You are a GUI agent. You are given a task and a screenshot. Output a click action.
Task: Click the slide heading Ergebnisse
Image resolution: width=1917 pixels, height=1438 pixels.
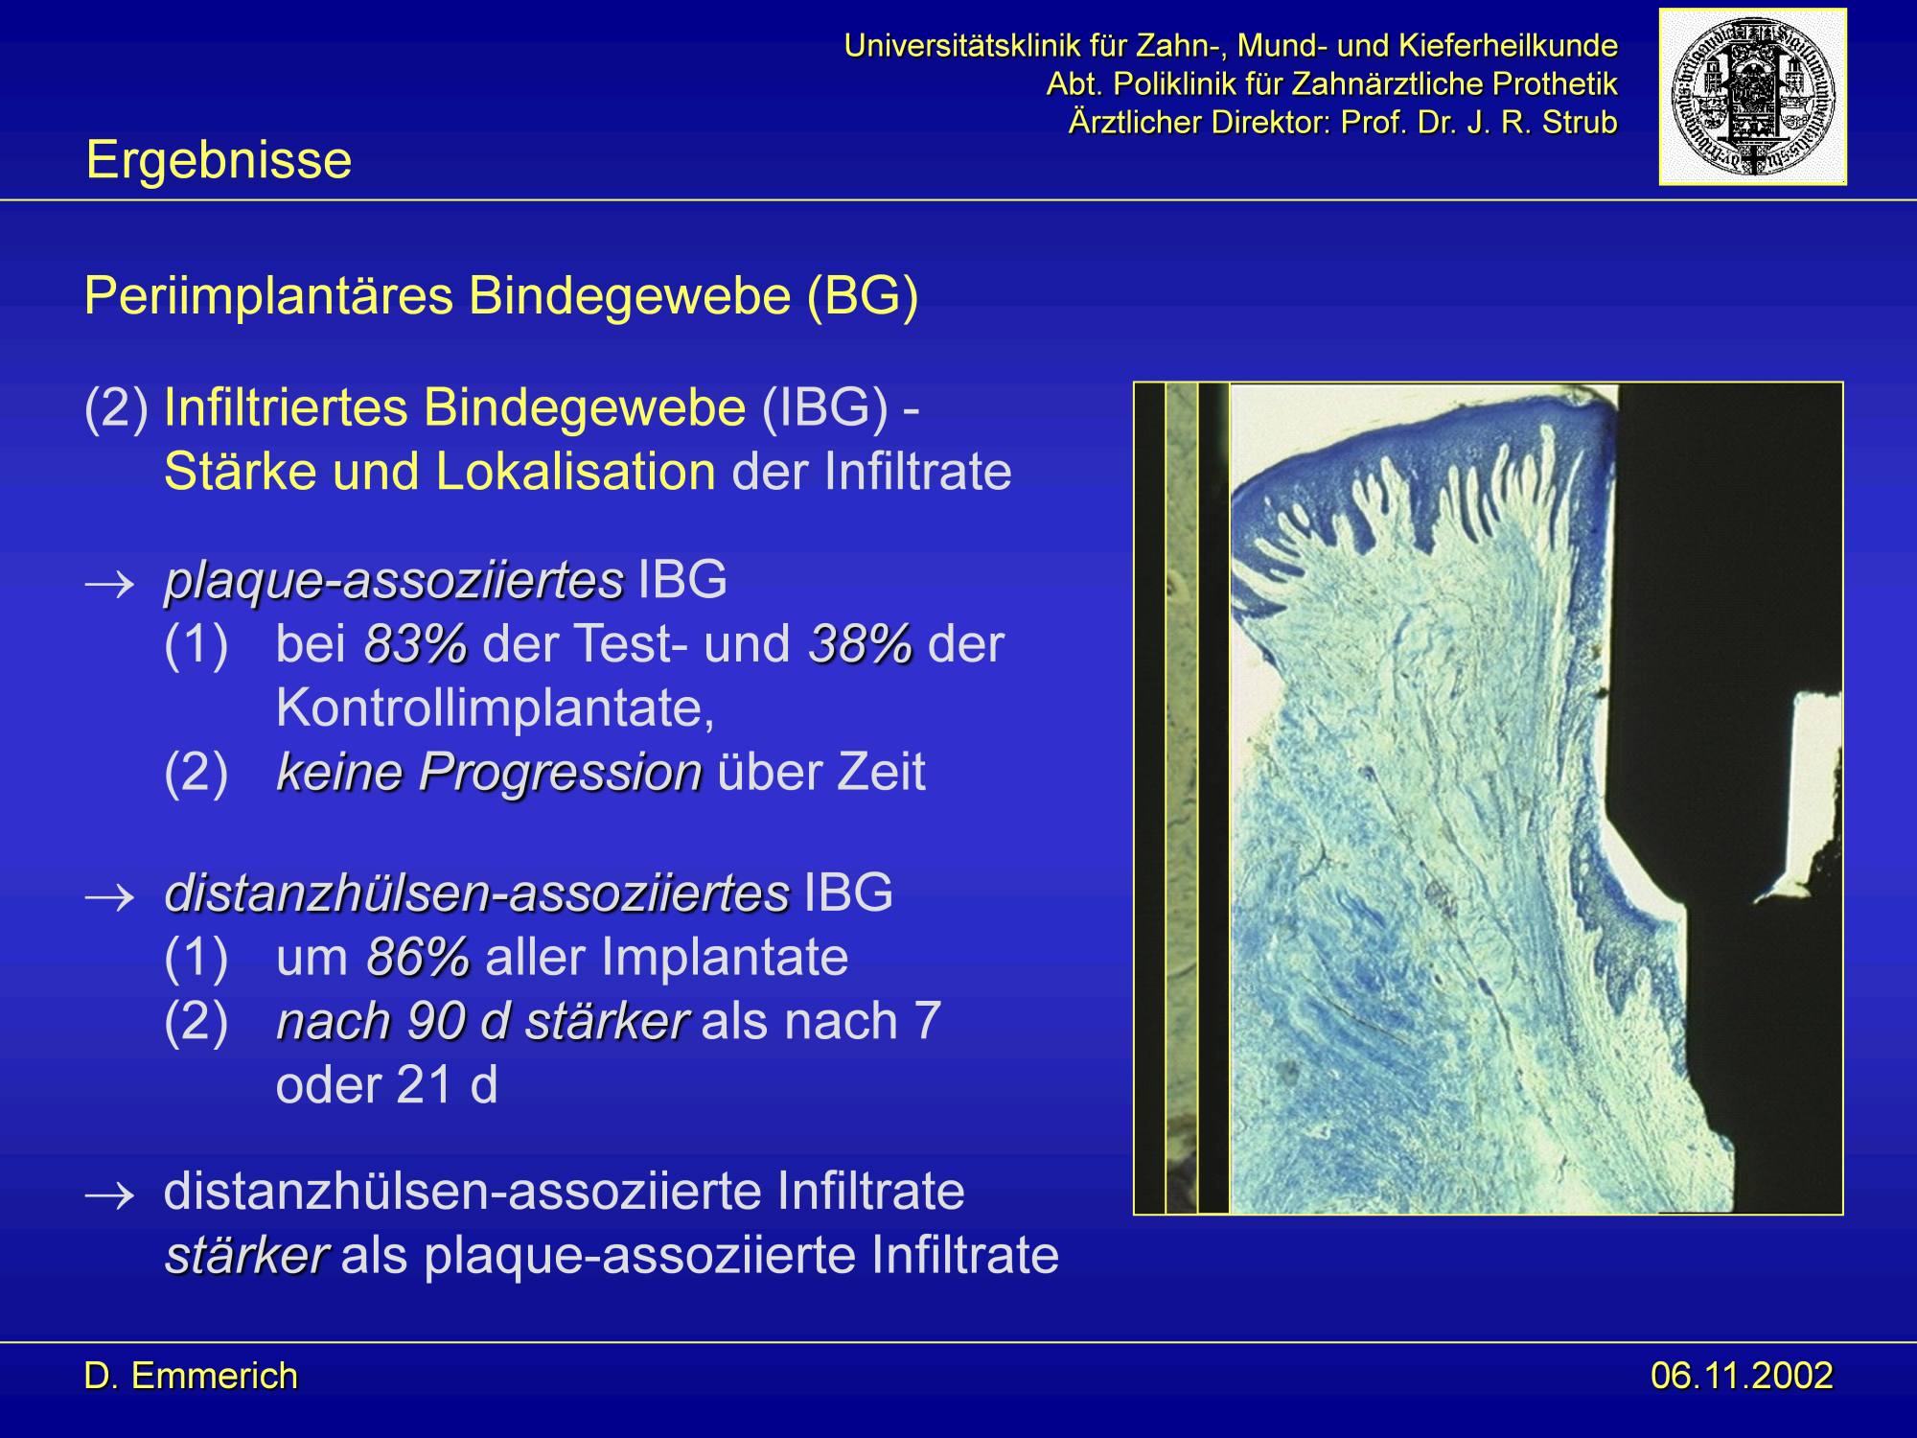pyautogui.click(x=219, y=159)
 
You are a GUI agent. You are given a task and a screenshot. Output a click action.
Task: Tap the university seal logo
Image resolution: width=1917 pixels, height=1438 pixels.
pyautogui.click(x=1753, y=96)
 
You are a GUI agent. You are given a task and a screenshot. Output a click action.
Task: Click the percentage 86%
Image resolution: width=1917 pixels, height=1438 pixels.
pyautogui.click(x=419, y=957)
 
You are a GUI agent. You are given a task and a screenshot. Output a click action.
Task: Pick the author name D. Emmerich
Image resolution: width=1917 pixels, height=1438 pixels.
pyautogui.click(x=192, y=1376)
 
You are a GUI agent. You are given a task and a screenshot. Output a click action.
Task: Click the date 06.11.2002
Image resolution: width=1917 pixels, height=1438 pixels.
pyautogui.click(x=1742, y=1376)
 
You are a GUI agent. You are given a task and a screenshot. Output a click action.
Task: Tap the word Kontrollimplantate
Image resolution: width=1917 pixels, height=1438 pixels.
pyautogui.click(x=495, y=708)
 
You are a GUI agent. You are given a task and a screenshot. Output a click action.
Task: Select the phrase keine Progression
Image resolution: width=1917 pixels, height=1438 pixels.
pyautogui.click(x=490, y=772)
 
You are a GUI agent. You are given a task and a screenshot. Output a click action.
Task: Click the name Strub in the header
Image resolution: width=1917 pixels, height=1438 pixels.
pyautogui.click(x=1580, y=123)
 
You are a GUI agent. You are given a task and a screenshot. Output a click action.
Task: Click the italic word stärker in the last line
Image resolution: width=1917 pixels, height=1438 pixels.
pyautogui.click(x=246, y=1256)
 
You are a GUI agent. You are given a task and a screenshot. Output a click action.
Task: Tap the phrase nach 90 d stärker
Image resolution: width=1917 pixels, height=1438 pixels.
pyautogui.click(x=482, y=1021)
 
